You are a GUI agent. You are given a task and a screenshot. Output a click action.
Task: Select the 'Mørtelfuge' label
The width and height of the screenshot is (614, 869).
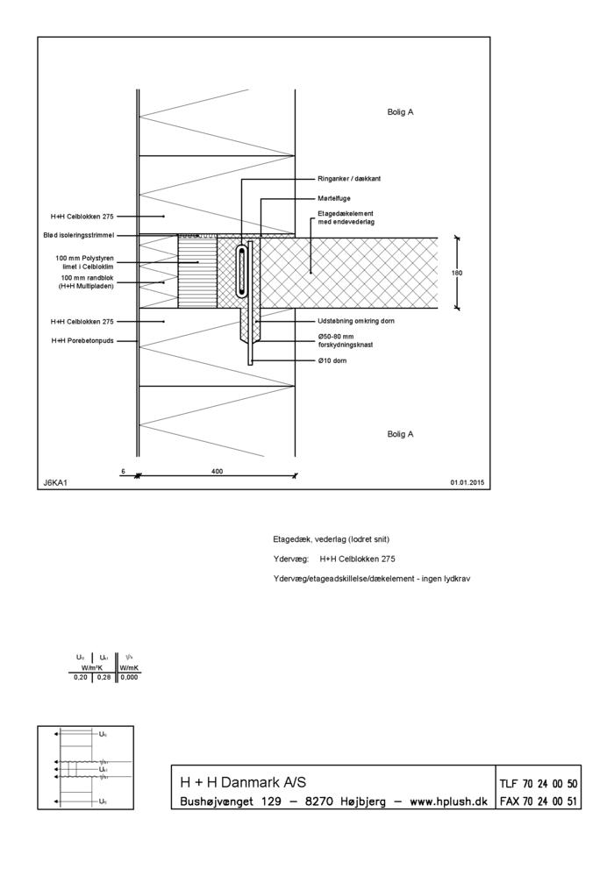[x=334, y=198]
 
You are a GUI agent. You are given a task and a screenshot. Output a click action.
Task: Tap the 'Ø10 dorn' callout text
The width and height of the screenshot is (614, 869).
[x=334, y=360]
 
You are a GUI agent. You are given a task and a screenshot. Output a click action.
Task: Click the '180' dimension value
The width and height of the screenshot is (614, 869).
[x=457, y=273]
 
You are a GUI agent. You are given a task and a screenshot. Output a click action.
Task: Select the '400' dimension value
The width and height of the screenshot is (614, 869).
[x=218, y=471]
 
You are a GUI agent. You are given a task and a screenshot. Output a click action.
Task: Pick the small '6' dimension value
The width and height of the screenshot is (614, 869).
[x=123, y=471]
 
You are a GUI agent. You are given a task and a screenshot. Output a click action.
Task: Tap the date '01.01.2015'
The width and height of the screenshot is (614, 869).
[x=468, y=482]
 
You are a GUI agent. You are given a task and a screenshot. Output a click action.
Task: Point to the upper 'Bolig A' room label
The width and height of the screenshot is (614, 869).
[x=400, y=112]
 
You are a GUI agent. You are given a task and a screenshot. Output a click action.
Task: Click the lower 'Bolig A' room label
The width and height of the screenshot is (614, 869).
[x=400, y=434]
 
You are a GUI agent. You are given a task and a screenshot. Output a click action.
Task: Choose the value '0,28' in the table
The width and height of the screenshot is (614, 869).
[x=104, y=677]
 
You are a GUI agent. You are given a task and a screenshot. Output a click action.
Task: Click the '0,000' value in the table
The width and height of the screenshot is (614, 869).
[x=129, y=677]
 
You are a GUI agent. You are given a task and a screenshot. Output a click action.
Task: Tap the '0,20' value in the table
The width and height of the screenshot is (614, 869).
[x=80, y=677]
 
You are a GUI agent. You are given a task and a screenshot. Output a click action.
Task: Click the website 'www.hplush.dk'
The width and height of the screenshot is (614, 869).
[x=449, y=801]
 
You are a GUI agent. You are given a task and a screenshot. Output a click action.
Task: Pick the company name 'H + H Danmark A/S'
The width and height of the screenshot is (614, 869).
[x=243, y=782]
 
